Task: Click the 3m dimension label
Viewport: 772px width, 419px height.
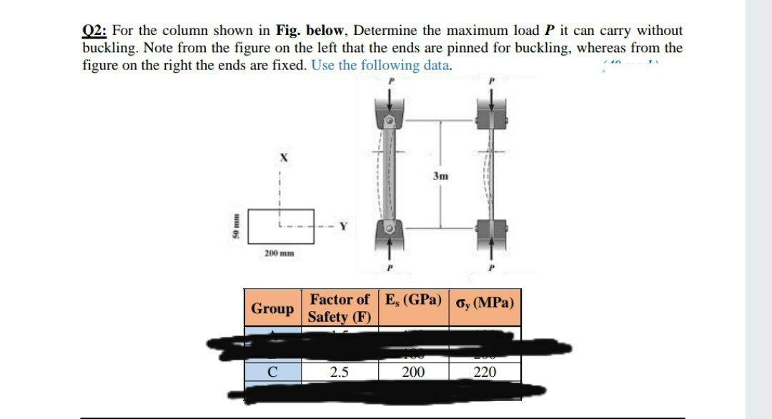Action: (440, 175)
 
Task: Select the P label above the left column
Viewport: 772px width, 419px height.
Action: (390, 83)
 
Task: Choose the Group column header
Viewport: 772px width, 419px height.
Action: (272, 308)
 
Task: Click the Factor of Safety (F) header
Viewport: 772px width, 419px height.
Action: (340, 308)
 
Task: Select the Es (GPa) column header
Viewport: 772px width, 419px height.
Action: (413, 300)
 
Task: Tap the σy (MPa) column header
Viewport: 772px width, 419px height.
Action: (485, 301)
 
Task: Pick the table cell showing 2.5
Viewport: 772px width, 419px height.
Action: (340, 372)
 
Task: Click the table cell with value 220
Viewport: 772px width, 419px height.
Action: (485, 372)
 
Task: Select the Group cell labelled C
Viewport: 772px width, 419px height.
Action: (272, 372)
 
